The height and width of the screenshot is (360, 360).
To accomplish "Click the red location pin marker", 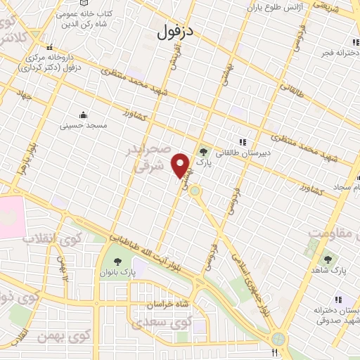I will tap(182, 165).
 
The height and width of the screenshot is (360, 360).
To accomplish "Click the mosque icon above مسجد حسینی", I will tap(84, 115).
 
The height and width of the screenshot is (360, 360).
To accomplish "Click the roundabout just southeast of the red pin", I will tap(195, 190).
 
